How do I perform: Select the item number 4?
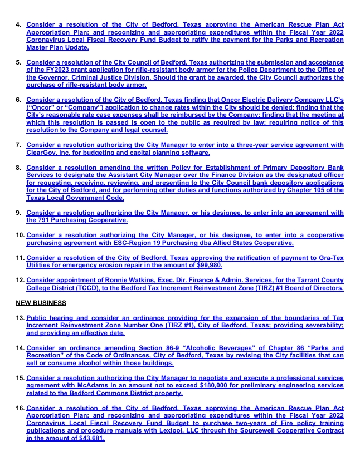pos(18,26)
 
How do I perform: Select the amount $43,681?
pos(89,439)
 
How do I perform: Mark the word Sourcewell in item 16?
pos(255,431)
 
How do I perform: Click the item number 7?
pos(18,145)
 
